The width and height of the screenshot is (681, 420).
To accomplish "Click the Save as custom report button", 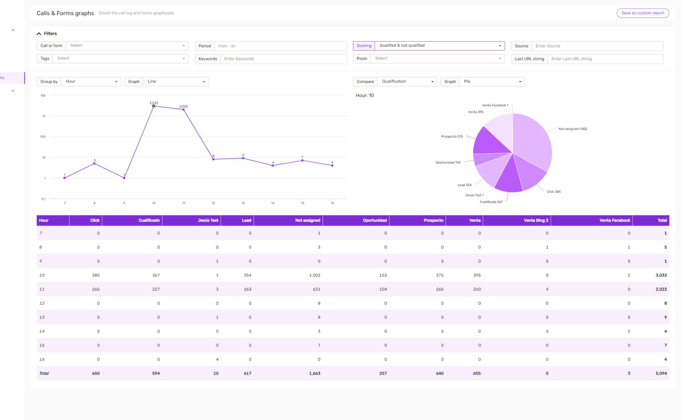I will pyautogui.click(x=642, y=13).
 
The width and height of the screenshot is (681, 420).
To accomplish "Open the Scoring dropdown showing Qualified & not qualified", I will pyautogui.click(x=439, y=46).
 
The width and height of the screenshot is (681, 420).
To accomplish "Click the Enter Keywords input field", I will pyautogui.click(x=283, y=59).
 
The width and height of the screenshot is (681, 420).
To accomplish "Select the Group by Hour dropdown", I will pyautogui.click(x=91, y=82).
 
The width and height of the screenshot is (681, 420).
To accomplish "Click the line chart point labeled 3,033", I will pyautogui.click(x=154, y=106).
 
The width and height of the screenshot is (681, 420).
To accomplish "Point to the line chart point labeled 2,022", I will pyautogui.click(x=184, y=110).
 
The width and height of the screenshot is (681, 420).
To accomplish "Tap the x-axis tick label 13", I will pyautogui.click(x=243, y=203).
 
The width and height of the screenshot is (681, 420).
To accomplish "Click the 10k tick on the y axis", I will pyautogui.click(x=43, y=95).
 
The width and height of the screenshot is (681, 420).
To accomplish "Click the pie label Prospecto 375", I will pyautogui.click(x=452, y=136).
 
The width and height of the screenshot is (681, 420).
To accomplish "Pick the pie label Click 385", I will pyautogui.click(x=553, y=192).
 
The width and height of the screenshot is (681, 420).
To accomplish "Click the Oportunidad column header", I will pyautogui.click(x=374, y=220).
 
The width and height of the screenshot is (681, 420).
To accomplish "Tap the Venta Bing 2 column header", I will pyautogui.click(x=535, y=220).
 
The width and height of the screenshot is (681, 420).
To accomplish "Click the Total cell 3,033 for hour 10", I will pyautogui.click(x=661, y=275).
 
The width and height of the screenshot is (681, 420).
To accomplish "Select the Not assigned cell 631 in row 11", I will pyautogui.click(x=316, y=289).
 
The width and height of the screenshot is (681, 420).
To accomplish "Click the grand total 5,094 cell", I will pyautogui.click(x=661, y=373).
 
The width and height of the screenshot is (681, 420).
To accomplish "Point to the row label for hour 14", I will pyautogui.click(x=42, y=331).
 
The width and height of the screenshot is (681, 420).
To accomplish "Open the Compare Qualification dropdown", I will pyautogui.click(x=407, y=82).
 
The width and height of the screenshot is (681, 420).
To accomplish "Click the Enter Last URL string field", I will pyautogui.click(x=605, y=59).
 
